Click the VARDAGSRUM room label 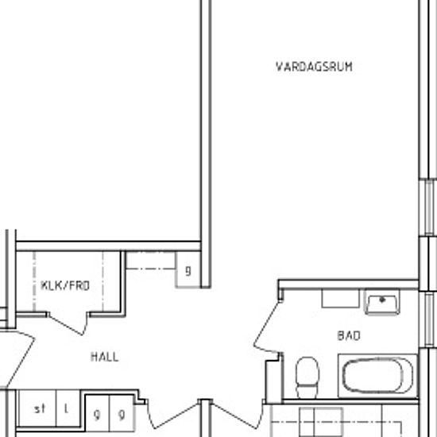(x=314, y=67)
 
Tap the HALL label (x=105, y=357)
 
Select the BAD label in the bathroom (x=349, y=336)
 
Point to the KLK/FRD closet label (x=65, y=286)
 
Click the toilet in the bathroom (x=307, y=377)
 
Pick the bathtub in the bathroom (x=377, y=376)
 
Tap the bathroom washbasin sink (x=382, y=303)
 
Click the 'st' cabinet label (x=40, y=409)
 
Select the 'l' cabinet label (x=66, y=409)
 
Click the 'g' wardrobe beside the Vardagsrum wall (x=188, y=270)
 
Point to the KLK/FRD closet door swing (x=68, y=323)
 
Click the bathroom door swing (x=267, y=326)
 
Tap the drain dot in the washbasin (x=382, y=300)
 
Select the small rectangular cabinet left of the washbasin (x=340, y=298)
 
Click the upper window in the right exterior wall (x=428, y=207)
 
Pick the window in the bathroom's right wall (x=428, y=320)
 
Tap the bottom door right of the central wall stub (x=238, y=415)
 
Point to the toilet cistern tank (x=307, y=391)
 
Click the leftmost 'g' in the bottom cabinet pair (x=97, y=415)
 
